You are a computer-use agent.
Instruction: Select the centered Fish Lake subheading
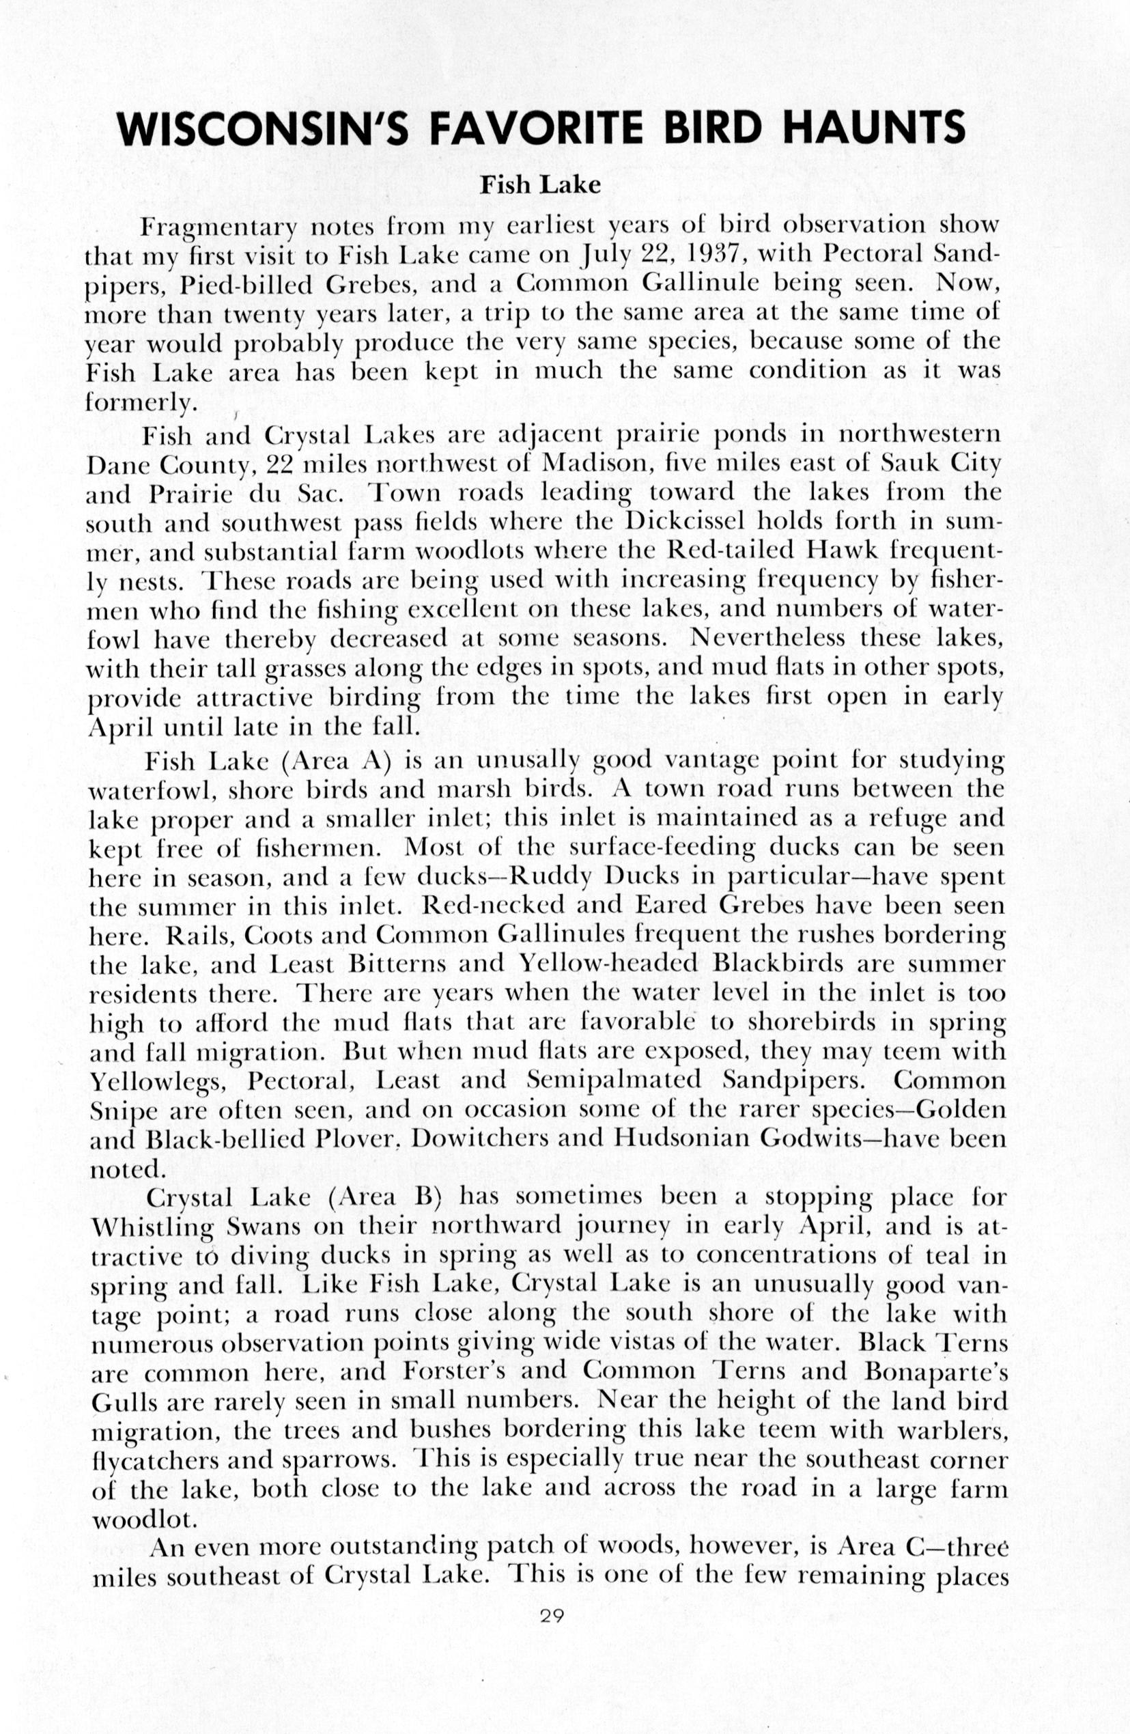pyautogui.click(x=540, y=185)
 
